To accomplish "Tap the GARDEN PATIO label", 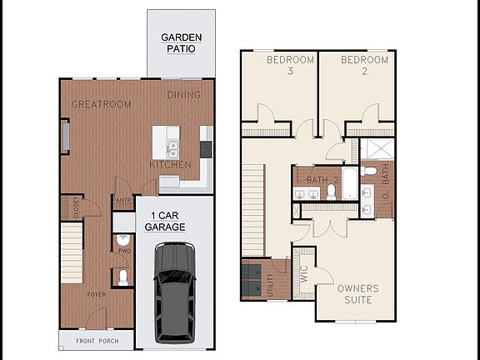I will [x=179, y=42].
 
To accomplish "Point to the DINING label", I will [x=183, y=95].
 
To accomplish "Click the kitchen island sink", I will [x=172, y=150].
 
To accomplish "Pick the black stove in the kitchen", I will [x=206, y=148].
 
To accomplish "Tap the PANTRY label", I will [x=123, y=200].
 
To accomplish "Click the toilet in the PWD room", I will [x=123, y=276].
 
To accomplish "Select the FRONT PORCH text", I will [x=97, y=342].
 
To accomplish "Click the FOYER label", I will [x=97, y=294].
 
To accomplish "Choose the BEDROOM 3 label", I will [x=290, y=66].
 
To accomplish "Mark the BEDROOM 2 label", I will [x=364, y=66].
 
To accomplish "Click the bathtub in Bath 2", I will [x=348, y=185].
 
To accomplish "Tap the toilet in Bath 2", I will [x=331, y=191].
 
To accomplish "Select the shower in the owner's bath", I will [x=376, y=149].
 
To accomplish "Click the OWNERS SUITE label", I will [x=358, y=294].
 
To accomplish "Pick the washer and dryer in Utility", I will [x=251, y=279].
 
